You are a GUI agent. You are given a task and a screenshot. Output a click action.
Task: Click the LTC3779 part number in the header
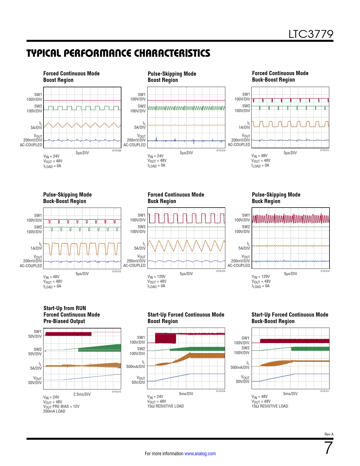(x=311, y=34)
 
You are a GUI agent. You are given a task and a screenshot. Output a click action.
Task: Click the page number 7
(x=328, y=448)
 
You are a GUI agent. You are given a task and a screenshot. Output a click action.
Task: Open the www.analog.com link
(x=200, y=454)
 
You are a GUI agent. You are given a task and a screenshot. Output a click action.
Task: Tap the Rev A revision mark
(x=329, y=434)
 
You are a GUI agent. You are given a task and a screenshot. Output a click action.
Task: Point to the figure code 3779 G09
(x=117, y=151)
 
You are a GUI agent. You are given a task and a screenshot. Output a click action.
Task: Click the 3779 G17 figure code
(x=325, y=391)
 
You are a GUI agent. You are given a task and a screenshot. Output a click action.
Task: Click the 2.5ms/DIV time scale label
(x=82, y=394)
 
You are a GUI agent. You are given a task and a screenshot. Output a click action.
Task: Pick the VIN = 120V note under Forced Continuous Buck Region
(x=156, y=277)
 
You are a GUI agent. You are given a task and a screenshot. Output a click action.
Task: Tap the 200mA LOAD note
(x=54, y=411)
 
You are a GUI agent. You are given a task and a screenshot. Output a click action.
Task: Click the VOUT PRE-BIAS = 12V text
(x=61, y=407)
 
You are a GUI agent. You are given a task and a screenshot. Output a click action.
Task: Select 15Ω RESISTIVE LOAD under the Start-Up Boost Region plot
(x=165, y=406)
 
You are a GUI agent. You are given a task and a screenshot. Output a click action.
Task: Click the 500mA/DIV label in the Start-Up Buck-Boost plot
(x=240, y=367)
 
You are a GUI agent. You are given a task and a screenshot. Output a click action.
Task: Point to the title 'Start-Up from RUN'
(x=65, y=308)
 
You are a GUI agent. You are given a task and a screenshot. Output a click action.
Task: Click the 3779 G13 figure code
(x=221, y=271)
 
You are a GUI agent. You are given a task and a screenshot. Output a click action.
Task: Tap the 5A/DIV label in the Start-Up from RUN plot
(x=36, y=368)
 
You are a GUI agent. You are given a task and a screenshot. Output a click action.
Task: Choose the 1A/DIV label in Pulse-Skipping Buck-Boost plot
(x=36, y=248)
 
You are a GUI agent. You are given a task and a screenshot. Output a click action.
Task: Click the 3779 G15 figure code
(x=116, y=392)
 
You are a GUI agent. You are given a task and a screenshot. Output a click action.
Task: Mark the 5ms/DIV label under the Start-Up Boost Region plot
(x=186, y=394)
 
